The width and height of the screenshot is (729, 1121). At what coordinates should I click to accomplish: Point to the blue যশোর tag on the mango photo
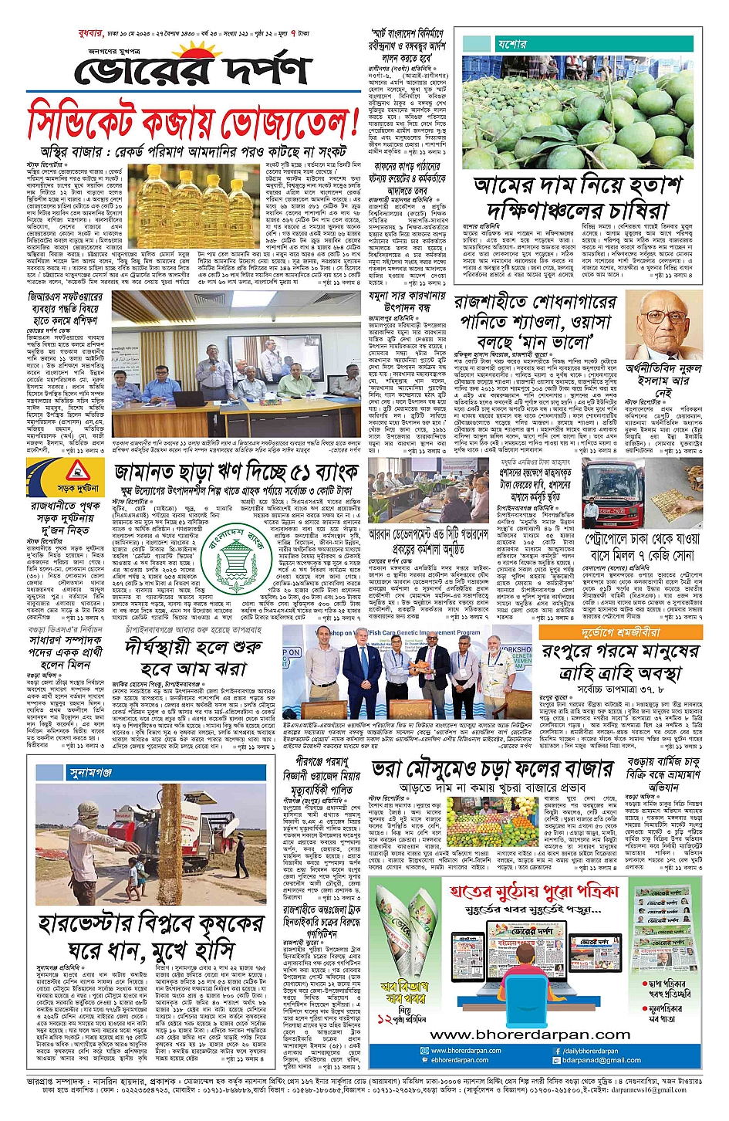(x=511, y=44)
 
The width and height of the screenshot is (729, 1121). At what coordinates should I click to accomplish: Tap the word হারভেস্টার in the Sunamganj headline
(x=96, y=923)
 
